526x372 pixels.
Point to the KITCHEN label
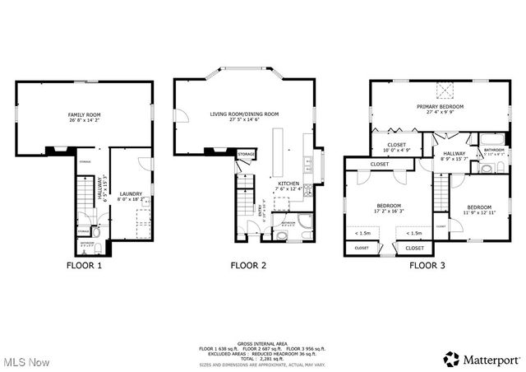point(288,184)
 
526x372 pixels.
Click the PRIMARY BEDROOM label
point(440,107)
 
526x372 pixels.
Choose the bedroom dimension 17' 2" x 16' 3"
point(389,212)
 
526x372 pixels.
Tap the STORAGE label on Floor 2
point(246,154)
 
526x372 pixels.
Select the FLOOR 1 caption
point(85,266)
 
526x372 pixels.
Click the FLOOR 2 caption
point(248,266)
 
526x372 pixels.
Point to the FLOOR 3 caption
point(427,266)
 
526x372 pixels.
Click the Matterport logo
point(481,359)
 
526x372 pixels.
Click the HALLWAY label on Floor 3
point(454,154)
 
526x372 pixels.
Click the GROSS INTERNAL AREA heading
point(261,344)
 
